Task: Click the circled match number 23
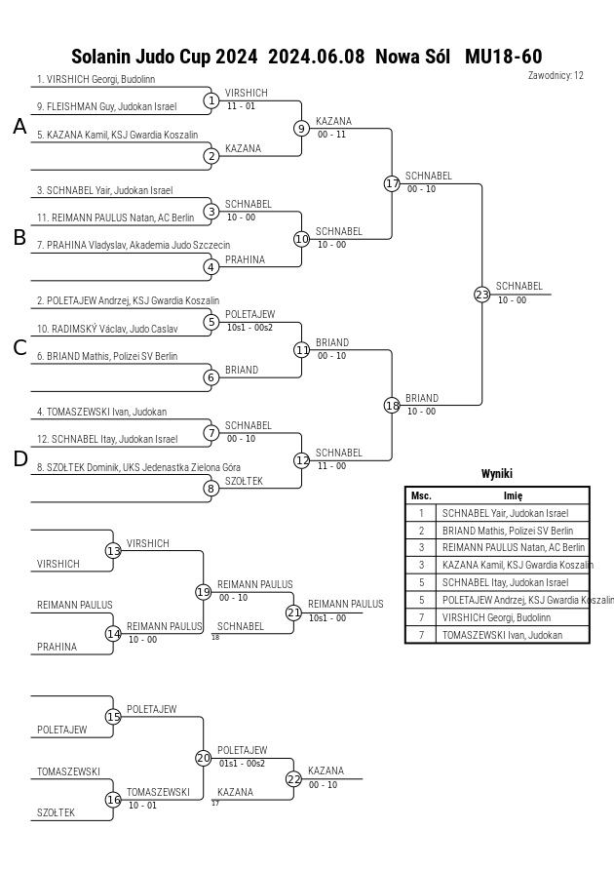click(x=482, y=295)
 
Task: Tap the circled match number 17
click(x=392, y=183)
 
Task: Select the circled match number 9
click(x=301, y=129)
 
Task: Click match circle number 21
click(x=294, y=612)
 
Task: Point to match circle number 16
click(x=113, y=800)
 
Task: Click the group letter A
click(x=19, y=127)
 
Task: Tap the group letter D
click(x=19, y=459)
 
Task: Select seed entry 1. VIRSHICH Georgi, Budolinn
click(x=96, y=79)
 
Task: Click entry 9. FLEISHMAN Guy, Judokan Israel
click(x=107, y=107)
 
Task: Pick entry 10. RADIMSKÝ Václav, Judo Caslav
click(x=107, y=329)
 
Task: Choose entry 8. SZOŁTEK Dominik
click(x=138, y=467)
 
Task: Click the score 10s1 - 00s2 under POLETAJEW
click(x=249, y=328)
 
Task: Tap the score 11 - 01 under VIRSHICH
click(x=241, y=106)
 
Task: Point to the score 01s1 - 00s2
click(x=242, y=763)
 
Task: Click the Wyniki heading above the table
click(x=497, y=473)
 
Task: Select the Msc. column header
click(x=421, y=496)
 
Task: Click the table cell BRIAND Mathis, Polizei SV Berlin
click(x=508, y=531)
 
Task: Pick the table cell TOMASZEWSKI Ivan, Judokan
click(x=502, y=635)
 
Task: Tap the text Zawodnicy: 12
click(x=556, y=75)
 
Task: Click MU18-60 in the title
click(x=503, y=57)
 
